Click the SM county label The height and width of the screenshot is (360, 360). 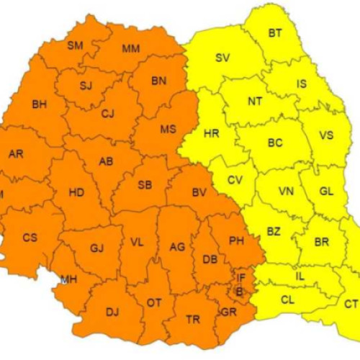coord(75,46)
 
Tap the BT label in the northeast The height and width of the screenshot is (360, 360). coord(275,33)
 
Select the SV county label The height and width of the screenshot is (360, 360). coord(222,58)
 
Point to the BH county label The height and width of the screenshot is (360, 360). coord(39,105)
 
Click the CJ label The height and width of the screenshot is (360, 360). coord(108,113)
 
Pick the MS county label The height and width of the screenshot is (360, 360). coord(168,130)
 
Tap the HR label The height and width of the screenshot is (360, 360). coord(212,134)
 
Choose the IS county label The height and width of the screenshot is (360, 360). coord(301,84)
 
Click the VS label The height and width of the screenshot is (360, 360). coord(326,135)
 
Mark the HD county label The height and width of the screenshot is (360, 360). coord(76,193)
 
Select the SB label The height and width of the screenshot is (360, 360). coord(144,186)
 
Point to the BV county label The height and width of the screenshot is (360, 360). coord(199,192)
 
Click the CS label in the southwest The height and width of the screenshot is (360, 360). coord(30,238)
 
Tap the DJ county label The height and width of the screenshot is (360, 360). coord(112,312)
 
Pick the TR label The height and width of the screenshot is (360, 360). coord(193,319)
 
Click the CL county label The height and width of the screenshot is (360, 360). coord(287,300)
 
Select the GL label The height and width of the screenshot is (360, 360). coord(326,192)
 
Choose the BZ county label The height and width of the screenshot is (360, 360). coord(274,231)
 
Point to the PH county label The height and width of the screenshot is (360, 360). coord(235,240)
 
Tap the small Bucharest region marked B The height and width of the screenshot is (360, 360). coord(239,291)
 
